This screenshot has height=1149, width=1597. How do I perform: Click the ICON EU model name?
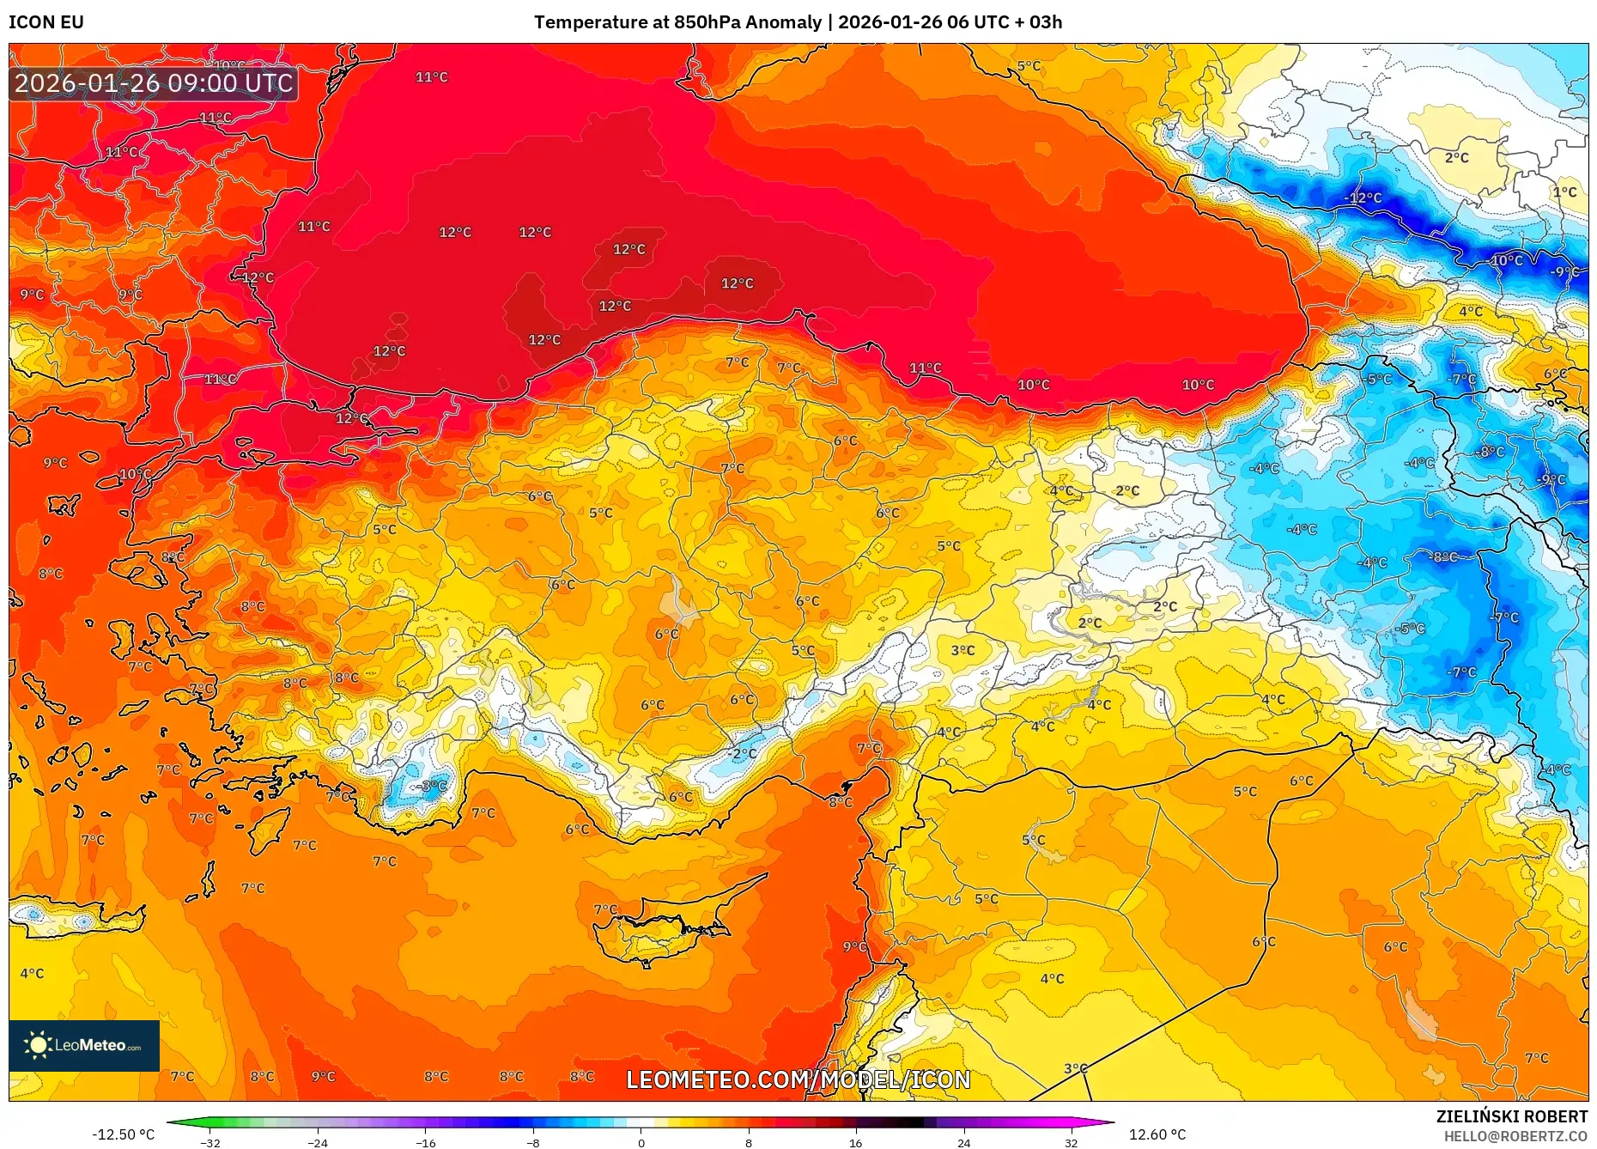[46, 22]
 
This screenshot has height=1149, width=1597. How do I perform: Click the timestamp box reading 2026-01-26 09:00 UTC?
[154, 83]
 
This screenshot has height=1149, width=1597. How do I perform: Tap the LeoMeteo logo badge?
[84, 1045]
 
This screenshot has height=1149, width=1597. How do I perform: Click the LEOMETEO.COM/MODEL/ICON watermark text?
[798, 1079]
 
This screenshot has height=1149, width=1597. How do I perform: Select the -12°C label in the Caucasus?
[1363, 198]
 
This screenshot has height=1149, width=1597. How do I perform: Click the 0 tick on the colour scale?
[641, 1142]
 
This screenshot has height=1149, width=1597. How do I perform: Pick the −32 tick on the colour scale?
[210, 1142]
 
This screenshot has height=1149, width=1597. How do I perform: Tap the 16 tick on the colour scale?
[855, 1142]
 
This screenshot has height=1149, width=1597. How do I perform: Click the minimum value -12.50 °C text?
[124, 1134]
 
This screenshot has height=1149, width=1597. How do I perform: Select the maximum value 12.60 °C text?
[1157, 1134]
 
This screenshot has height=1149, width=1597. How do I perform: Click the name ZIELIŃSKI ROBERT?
[1511, 1116]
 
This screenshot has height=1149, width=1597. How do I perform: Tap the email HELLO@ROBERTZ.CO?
[1515, 1136]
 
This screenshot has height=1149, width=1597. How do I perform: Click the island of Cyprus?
[661, 932]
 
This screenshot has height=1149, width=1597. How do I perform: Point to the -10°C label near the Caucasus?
[1506, 260]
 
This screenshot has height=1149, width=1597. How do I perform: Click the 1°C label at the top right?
[1564, 192]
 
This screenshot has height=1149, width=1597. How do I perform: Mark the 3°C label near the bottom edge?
[1075, 1068]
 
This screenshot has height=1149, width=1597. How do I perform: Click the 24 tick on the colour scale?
[963, 1142]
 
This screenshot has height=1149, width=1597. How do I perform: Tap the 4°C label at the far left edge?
[32, 973]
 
